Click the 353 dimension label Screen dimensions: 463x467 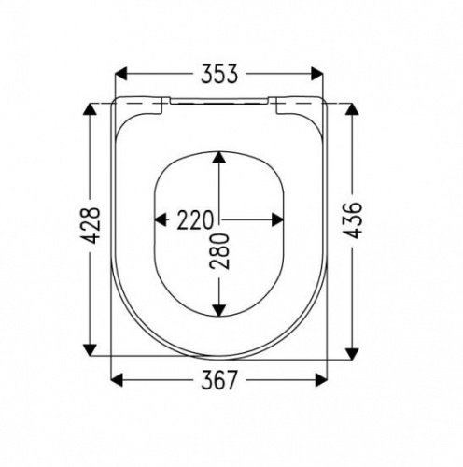[219, 74]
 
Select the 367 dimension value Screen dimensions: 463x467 [219, 380]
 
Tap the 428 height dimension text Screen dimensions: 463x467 [91, 225]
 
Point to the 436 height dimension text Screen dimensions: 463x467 [352, 220]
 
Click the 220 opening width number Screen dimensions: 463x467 [196, 220]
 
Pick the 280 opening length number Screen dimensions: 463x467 [219, 250]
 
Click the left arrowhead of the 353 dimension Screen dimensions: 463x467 [121, 74]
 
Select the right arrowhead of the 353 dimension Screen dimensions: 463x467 [316, 74]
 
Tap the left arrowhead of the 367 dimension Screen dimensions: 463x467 [117, 380]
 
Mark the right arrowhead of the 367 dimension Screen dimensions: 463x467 [321, 380]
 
